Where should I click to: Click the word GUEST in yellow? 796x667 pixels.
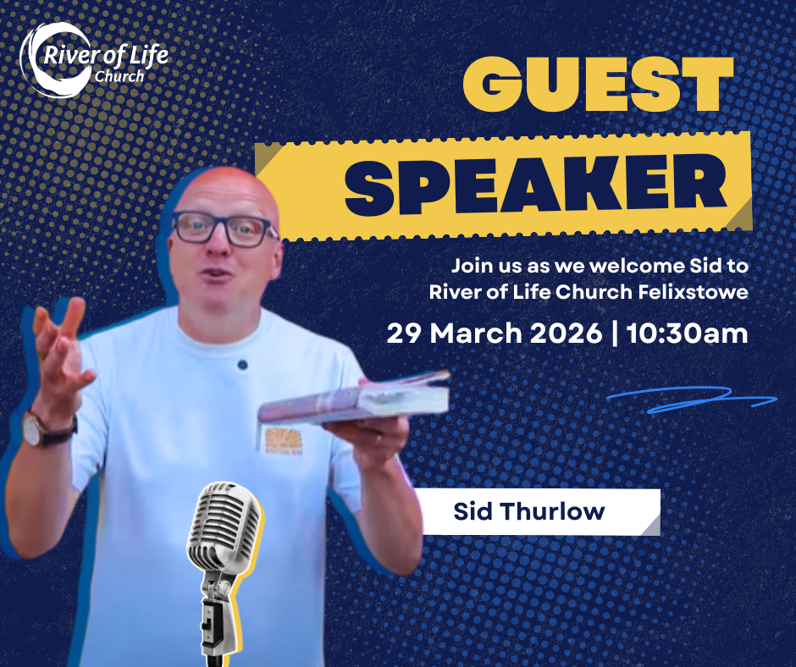tap(599, 84)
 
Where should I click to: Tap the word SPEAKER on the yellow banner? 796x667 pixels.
tap(535, 184)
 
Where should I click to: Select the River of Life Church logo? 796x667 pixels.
tap(93, 60)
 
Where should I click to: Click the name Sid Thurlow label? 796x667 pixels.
tap(529, 511)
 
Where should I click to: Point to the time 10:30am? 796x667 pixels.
tap(687, 333)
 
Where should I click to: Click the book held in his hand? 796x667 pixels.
tap(354, 399)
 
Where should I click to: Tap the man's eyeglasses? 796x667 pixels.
tap(224, 229)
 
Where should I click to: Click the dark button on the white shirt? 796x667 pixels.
tap(243, 365)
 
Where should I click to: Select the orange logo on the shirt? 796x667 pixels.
tap(284, 440)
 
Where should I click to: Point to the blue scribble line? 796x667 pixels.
tap(692, 399)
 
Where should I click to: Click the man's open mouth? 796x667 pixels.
tap(217, 274)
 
